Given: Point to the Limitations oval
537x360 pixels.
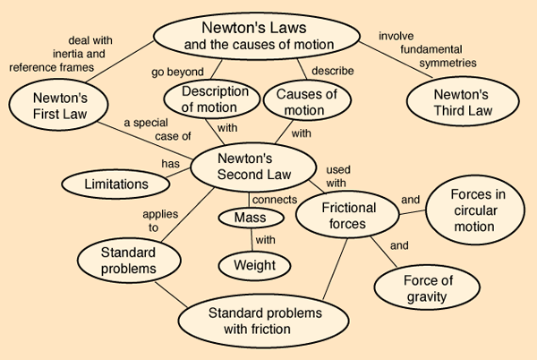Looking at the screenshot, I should pos(116,184).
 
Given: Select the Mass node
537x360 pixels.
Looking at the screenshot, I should pos(251,217).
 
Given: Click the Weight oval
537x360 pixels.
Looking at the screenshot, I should pos(255,265).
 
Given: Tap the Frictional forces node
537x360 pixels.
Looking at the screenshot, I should pos(348,216).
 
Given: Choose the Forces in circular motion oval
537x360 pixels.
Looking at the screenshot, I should pos(472,211).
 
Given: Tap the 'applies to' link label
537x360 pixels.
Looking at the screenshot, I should pos(147,221).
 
